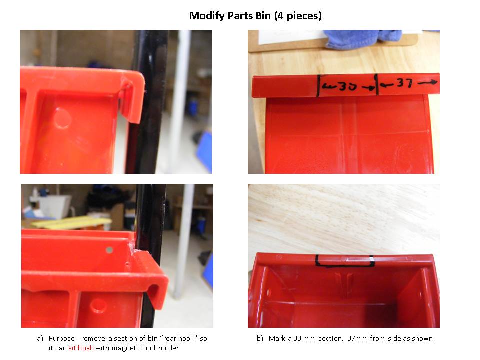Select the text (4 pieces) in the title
(298, 16)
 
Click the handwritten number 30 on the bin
(348, 87)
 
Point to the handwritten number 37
(404, 82)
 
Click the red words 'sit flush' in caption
(81, 348)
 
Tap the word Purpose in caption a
(62, 339)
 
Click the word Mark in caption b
(277, 338)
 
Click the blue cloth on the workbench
(363, 39)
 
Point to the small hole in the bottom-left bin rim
(109, 250)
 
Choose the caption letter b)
(260, 339)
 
